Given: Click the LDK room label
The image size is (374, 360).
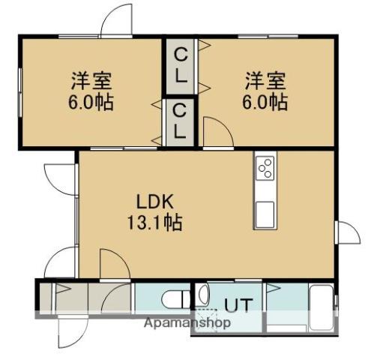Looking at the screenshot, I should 154,202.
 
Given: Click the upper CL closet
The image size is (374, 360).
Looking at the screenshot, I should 181,65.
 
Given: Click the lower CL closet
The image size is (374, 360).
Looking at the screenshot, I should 181,121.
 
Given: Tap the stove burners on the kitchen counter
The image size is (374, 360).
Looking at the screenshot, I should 265,169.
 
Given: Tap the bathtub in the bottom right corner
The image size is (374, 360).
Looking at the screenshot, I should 322,307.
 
